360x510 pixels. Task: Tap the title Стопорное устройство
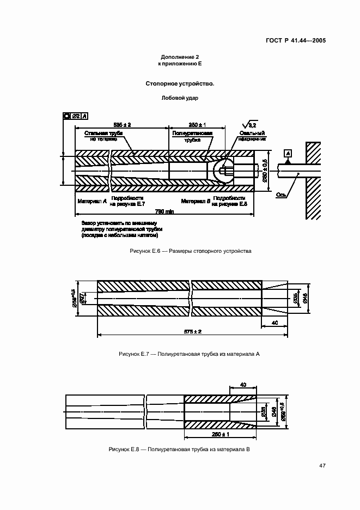tap(180, 84)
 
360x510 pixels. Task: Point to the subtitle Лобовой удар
tap(180, 99)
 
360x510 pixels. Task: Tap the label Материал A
tap(92, 201)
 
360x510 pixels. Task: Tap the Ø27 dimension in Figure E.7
tap(82, 297)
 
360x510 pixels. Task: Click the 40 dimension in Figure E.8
tap(243, 385)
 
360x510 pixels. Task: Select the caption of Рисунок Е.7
tap(189, 354)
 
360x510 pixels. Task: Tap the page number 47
tap(322, 465)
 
